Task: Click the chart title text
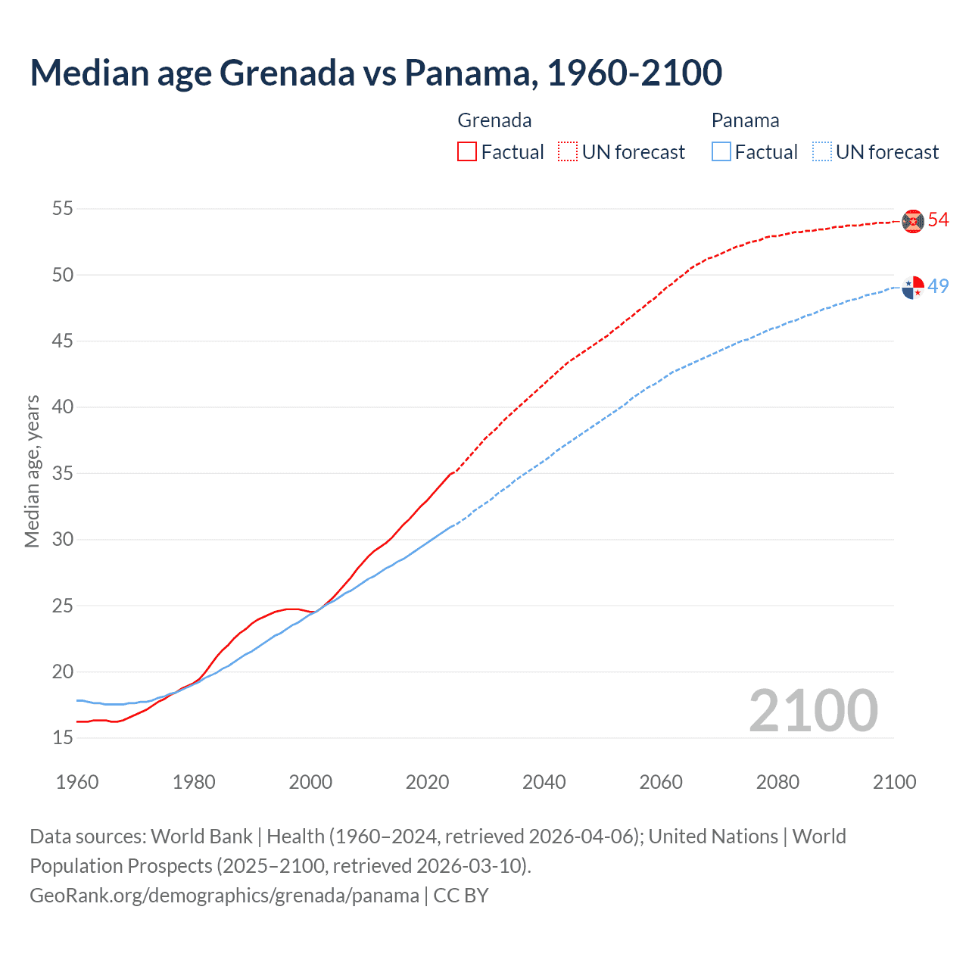[376, 73]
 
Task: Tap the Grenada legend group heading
[494, 120]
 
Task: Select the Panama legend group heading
[745, 120]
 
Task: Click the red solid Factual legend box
[467, 151]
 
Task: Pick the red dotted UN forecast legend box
[568, 151]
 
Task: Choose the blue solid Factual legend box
[721, 151]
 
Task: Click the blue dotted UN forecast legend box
[821, 151]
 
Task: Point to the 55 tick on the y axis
[63, 208]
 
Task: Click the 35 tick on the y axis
[63, 473]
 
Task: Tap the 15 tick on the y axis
[63, 737]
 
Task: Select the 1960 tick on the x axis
[77, 782]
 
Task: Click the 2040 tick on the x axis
[544, 782]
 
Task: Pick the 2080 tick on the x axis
[777, 782]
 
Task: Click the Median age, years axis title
[32, 471]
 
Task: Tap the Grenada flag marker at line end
[913, 220]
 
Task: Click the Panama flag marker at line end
[913, 288]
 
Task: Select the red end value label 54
[939, 220]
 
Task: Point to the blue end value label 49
[939, 286]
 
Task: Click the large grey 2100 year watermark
[813, 710]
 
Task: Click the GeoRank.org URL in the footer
[224, 896]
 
